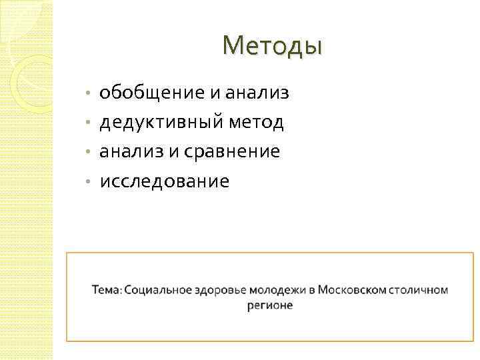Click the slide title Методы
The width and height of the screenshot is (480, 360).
point(273,45)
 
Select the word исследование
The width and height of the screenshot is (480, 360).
point(164,181)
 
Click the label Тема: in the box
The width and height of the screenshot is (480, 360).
point(107,290)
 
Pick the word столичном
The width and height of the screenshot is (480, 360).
point(419,290)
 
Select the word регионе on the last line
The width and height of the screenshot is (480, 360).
point(269,305)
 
